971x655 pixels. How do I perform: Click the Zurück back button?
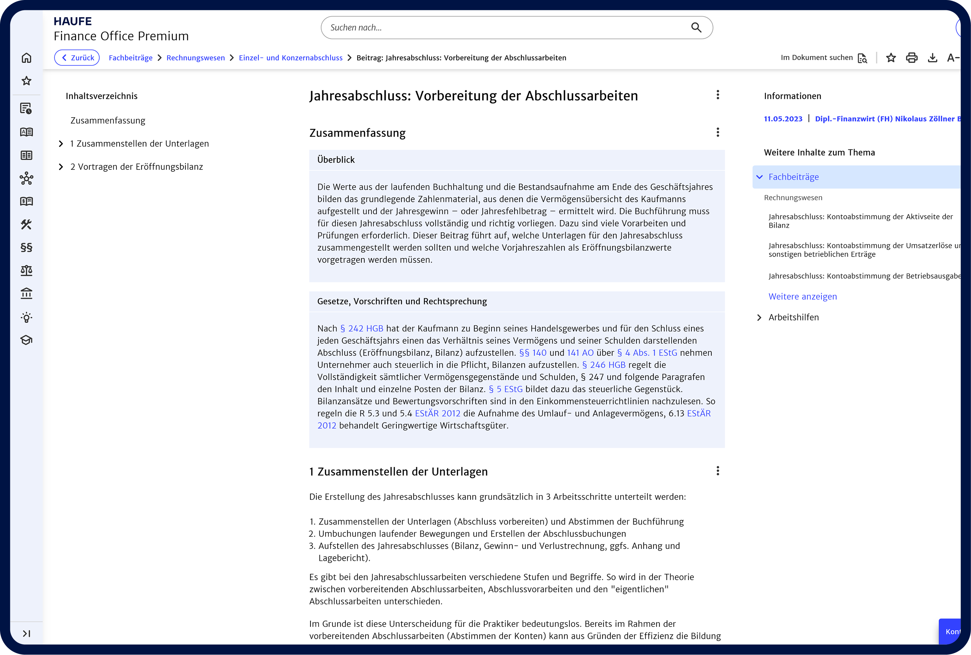[77, 58]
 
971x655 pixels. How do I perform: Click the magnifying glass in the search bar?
[696, 27]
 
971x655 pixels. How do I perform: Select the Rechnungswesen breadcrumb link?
[195, 58]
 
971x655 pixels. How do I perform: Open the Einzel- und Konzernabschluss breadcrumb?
[291, 58]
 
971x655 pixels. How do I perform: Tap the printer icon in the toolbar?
[912, 58]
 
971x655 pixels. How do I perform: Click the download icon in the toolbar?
[932, 58]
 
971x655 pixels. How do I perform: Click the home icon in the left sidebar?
[26, 58]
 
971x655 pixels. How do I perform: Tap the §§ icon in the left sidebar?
[26, 247]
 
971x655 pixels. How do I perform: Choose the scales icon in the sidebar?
[26, 271]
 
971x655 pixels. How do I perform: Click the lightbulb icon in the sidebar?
[26, 318]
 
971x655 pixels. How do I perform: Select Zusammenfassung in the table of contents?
[108, 120]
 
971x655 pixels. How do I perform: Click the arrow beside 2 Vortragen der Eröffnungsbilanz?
[61, 167]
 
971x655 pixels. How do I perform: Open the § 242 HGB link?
[362, 328]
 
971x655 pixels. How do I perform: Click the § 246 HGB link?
[603, 365]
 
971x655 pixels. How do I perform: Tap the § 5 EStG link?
[506, 389]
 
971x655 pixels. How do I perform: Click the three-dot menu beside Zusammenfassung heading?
[718, 132]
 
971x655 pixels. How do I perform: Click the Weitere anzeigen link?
[802, 297]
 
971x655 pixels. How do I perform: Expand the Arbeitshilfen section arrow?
[759, 318]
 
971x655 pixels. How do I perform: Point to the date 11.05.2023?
[783, 119]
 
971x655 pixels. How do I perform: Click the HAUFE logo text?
[72, 21]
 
